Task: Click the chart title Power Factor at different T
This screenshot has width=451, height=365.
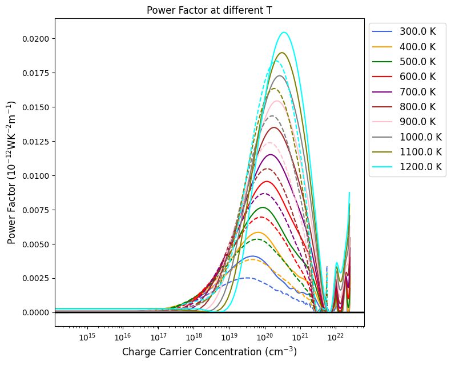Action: [x=210, y=10]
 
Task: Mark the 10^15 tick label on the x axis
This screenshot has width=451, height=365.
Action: [x=87, y=338]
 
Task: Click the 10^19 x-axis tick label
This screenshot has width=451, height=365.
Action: [x=229, y=338]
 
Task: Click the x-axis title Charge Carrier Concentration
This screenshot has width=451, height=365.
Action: [x=210, y=351]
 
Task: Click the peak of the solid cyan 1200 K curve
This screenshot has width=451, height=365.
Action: [x=284, y=33]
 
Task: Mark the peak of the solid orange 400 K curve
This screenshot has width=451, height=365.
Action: [x=258, y=232]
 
